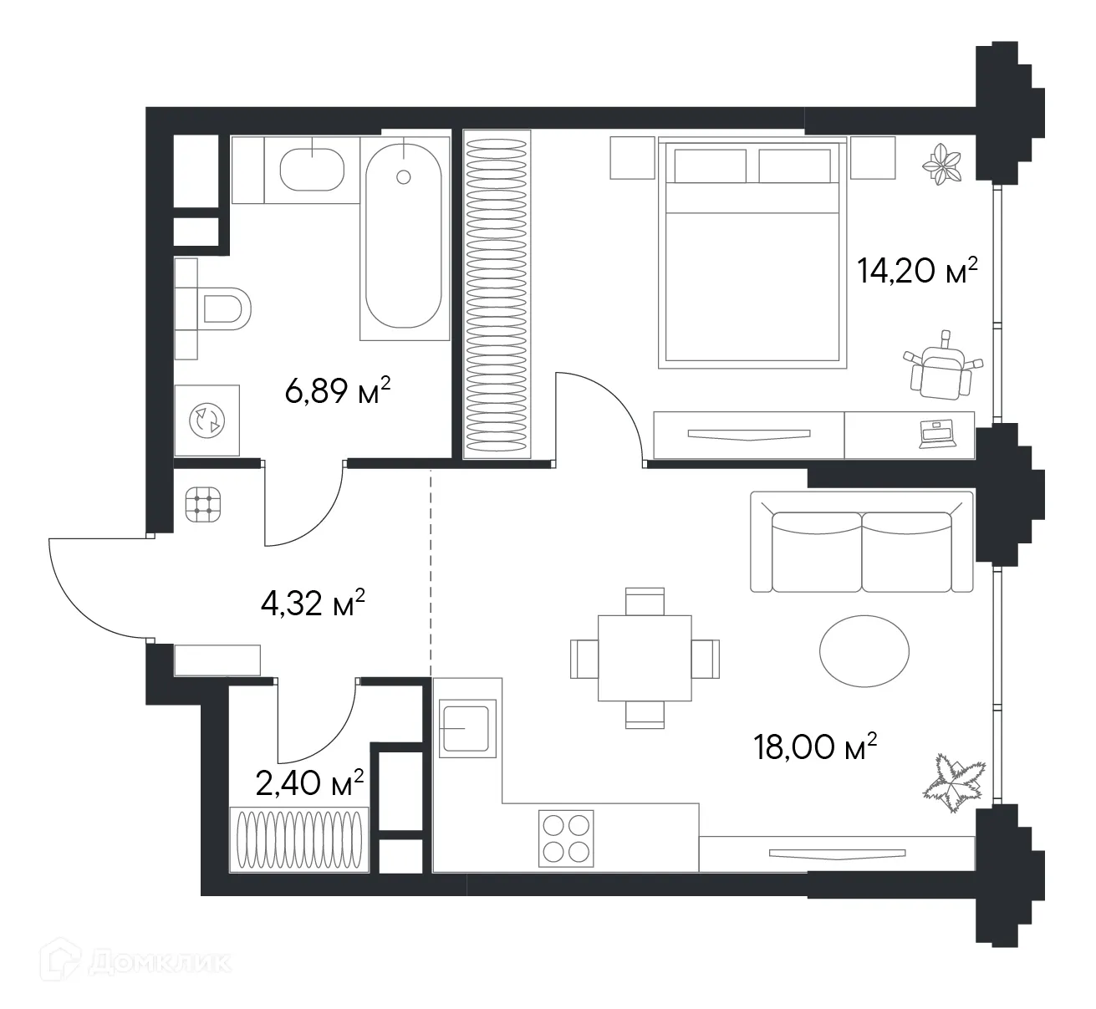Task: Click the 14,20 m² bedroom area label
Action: pos(917,270)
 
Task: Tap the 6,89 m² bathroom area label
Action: pos(339,390)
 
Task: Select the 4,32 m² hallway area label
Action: pos(314,603)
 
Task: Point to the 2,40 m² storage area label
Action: pos(309,783)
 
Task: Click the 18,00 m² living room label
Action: pos(815,747)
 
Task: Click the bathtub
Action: pos(404,237)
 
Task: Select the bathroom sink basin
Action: pos(312,170)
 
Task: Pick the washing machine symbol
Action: pos(206,420)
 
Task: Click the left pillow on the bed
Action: pos(710,166)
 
